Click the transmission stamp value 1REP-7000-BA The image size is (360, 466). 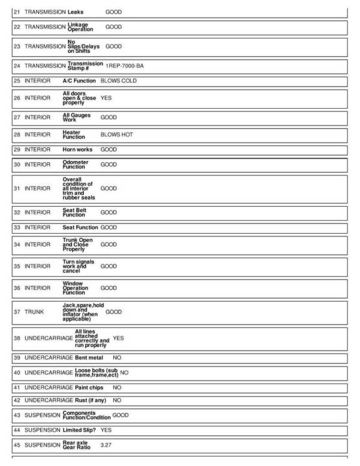pos(125,65)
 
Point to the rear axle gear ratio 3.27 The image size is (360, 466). pos(106,446)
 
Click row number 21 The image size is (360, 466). pos(17,11)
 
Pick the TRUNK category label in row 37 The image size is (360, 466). pos(35,312)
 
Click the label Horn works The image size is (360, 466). pos(78,150)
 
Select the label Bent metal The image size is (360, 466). pos(89,358)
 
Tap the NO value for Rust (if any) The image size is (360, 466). pos(117,400)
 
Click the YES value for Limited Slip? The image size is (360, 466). pos(106,430)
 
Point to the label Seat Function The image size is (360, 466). pos(80,228)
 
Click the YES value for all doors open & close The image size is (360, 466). pos(106,97)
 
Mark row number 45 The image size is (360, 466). pos(17,445)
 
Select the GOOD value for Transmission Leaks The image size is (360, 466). pos(113,11)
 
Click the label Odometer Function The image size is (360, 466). pos(76,165)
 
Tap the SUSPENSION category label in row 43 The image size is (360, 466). pos(43,415)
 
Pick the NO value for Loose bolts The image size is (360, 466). pos(124,372)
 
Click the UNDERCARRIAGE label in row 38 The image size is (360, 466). pos(49,338)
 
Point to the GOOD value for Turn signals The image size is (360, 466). pos(109,266)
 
